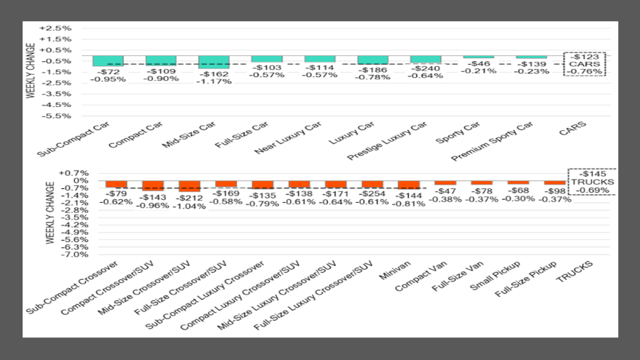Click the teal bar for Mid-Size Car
[x=214, y=62]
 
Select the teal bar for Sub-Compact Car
[x=108, y=60]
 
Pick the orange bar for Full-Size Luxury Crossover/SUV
[x=372, y=185]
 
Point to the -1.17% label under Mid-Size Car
[x=214, y=81]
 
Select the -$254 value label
[x=372, y=194]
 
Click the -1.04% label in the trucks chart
[x=190, y=207]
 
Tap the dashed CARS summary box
[x=585, y=64]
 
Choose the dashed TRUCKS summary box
[x=593, y=181]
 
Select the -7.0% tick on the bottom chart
[x=73, y=255]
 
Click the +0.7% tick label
[x=73, y=173]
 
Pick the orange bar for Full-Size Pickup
[x=555, y=183]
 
